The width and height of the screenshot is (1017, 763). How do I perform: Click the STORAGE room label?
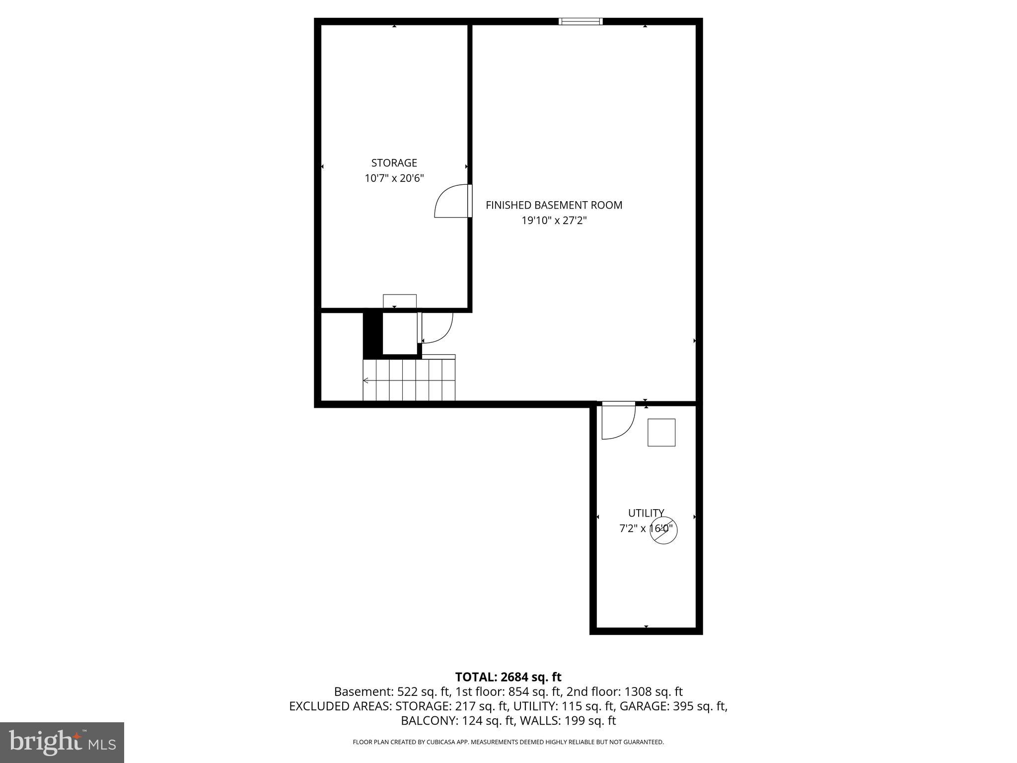(x=394, y=163)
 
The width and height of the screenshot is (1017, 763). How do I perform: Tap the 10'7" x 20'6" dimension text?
(x=394, y=178)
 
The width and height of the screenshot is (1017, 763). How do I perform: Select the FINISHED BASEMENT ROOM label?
(x=554, y=205)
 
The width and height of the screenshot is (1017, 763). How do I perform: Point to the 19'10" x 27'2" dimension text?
(x=554, y=221)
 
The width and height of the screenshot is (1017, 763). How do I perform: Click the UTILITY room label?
(x=646, y=513)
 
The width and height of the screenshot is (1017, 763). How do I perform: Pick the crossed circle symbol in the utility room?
(x=663, y=530)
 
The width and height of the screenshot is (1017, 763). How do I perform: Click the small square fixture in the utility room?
(x=661, y=432)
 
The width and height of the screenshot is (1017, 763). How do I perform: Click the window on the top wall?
(x=580, y=21)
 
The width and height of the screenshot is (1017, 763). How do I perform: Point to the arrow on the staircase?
(x=366, y=381)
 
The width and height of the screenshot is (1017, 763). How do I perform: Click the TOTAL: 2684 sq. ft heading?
(x=508, y=677)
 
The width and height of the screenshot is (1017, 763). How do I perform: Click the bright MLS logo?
(x=62, y=742)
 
